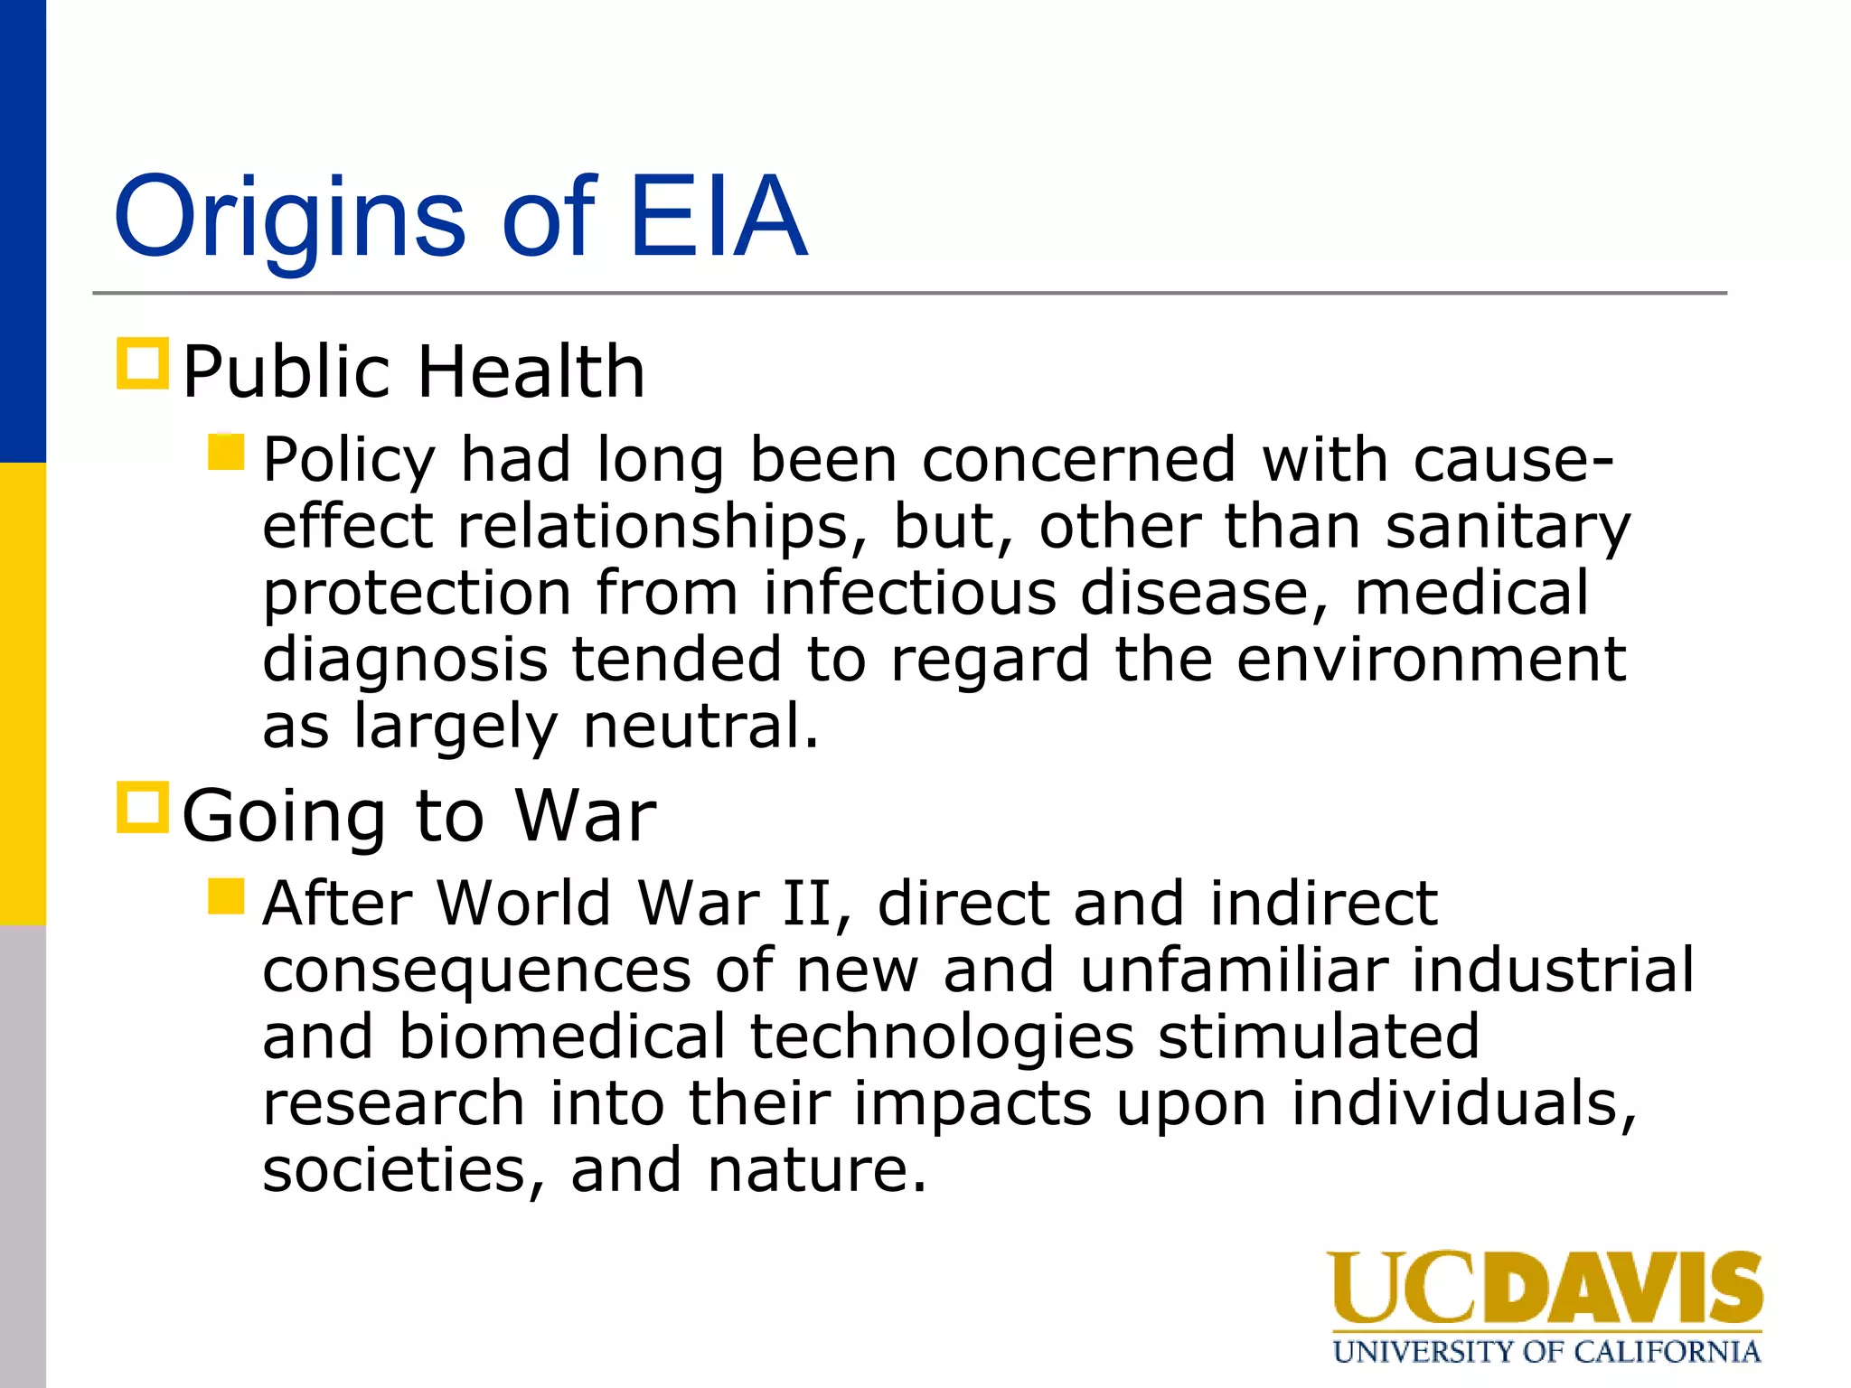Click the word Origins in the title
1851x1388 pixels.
[x=289, y=220]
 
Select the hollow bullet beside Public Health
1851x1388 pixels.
[x=143, y=364]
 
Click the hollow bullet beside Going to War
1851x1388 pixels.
[x=143, y=808]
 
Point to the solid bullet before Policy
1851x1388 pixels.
[x=226, y=452]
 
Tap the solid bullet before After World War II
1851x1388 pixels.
[x=226, y=896]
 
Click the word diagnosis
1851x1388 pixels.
[x=405, y=660]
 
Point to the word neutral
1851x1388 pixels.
[x=700, y=726]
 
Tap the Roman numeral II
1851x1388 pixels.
[x=807, y=903]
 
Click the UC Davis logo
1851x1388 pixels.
[x=1544, y=1288]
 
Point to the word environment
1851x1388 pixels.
[x=1431, y=660]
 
